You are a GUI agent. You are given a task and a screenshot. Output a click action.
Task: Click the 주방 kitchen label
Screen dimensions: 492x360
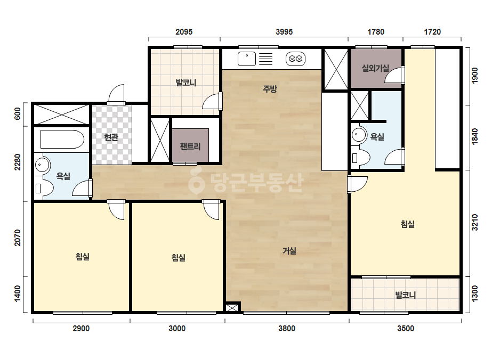270,89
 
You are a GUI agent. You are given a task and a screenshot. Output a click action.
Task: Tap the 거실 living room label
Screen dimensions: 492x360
289,251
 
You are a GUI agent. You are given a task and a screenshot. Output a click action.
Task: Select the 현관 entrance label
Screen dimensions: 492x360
111,137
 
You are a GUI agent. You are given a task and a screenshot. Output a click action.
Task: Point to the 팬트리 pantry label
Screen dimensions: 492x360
190,146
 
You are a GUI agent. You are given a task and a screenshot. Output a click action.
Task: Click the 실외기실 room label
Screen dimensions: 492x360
375,68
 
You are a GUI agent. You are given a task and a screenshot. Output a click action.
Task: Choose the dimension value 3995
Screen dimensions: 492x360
284,31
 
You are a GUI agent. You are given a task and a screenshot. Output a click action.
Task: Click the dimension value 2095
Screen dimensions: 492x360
184,31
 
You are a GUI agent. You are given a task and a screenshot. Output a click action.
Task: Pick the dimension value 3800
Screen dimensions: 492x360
287,329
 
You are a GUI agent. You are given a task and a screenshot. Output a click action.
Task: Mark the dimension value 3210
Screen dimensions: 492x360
475,222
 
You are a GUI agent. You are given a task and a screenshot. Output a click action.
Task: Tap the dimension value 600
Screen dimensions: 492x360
18,113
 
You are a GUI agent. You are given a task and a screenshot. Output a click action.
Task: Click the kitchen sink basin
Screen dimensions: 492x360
247,59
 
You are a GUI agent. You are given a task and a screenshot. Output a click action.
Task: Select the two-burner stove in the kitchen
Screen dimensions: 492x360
296,59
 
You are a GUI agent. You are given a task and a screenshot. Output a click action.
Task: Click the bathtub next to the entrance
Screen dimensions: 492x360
62,139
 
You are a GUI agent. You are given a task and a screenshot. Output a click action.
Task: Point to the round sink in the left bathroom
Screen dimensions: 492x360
42,165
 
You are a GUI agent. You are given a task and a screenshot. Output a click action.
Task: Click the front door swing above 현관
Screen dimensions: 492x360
116,94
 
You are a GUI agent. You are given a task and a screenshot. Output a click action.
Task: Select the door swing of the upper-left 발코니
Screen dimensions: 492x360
212,101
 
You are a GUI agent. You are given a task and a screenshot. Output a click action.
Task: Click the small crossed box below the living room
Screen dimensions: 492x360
232,308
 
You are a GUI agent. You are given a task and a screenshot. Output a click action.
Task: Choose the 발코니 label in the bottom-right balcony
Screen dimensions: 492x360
406,295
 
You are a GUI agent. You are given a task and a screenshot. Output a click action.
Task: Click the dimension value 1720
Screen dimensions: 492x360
432,31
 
